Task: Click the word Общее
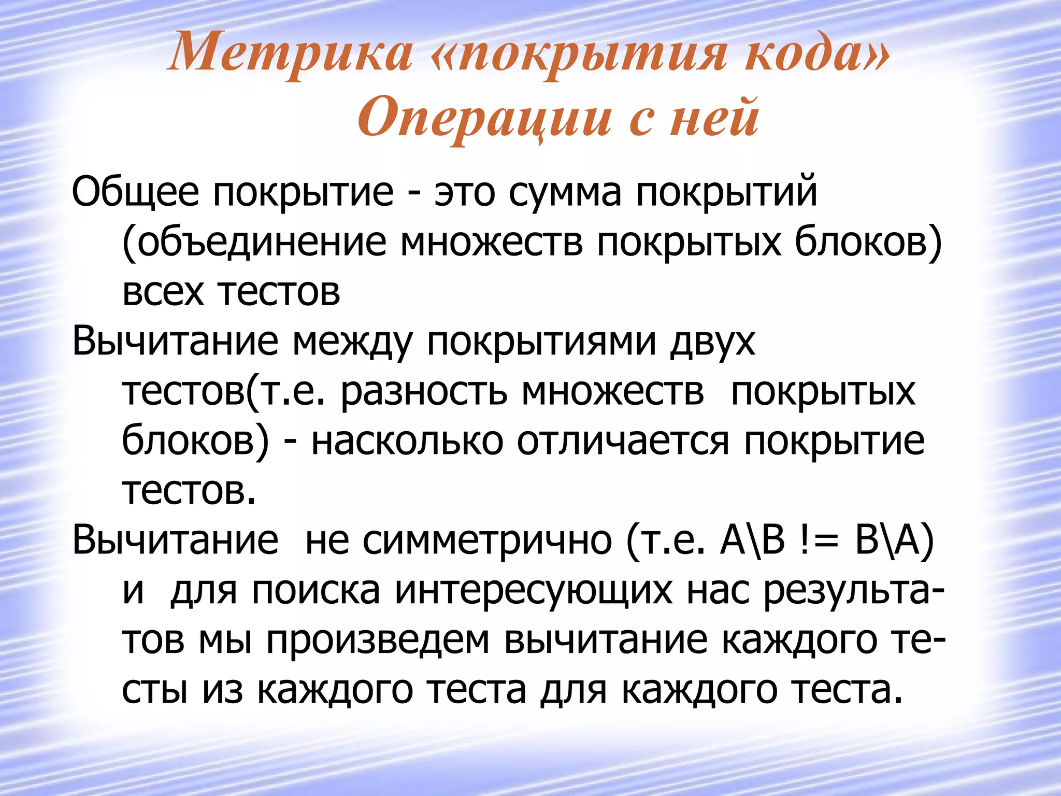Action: pos(135,192)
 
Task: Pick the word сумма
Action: pos(564,192)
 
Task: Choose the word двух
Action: pos(712,342)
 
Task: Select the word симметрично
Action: pos(487,540)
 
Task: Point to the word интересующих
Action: pos(534,591)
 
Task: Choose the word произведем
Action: pos(378,641)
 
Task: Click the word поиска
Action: pos(316,591)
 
